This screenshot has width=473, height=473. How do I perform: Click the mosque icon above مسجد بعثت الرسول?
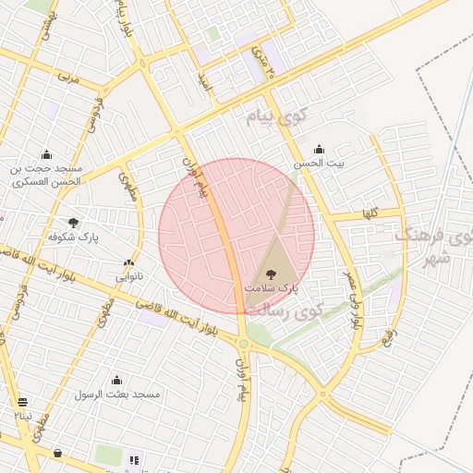[117, 380]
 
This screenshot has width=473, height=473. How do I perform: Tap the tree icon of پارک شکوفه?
[73, 222]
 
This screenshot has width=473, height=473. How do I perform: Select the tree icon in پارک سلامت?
[271, 273]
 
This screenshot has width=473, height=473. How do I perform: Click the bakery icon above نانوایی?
[128, 262]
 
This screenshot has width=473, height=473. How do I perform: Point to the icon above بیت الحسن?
[319, 149]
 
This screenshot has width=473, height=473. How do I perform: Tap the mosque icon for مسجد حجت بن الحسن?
[46, 154]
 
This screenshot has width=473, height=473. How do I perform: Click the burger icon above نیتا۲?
[22, 402]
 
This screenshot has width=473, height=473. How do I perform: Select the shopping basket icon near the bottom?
[58, 453]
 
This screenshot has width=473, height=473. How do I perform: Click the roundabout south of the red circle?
[243, 345]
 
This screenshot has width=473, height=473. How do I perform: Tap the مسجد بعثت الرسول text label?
[117, 394]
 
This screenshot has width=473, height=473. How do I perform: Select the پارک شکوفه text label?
[74, 236]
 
